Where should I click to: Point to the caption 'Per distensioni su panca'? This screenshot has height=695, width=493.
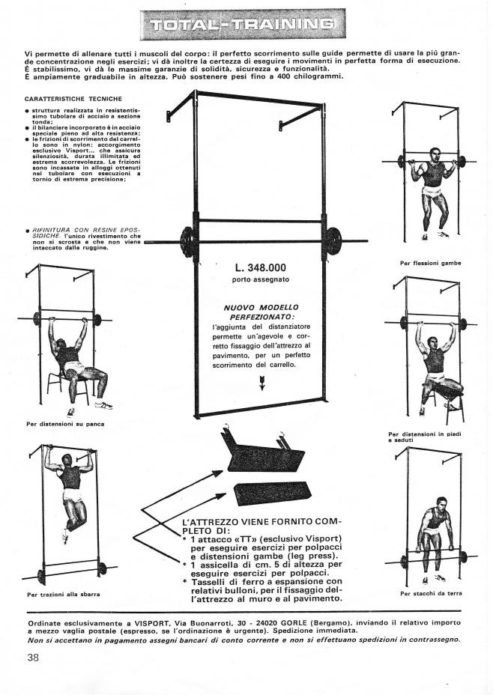click(x=65, y=424)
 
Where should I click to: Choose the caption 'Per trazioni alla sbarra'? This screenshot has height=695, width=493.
click(x=64, y=595)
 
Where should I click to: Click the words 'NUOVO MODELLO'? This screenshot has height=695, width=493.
click(x=261, y=307)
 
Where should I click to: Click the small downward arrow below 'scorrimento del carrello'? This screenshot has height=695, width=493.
click(x=261, y=383)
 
